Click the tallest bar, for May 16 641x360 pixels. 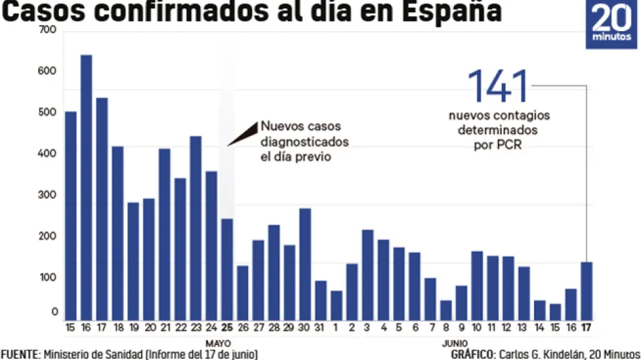[x=86, y=188]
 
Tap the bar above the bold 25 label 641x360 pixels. [x=227, y=269]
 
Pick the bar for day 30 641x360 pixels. [x=305, y=264]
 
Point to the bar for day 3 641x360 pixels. [x=367, y=275]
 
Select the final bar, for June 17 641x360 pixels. [x=587, y=291]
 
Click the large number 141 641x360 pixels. [x=498, y=86]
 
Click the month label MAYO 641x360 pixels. [x=219, y=343]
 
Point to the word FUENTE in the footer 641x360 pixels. [x=19, y=354]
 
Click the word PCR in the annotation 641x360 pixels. [x=509, y=145]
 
